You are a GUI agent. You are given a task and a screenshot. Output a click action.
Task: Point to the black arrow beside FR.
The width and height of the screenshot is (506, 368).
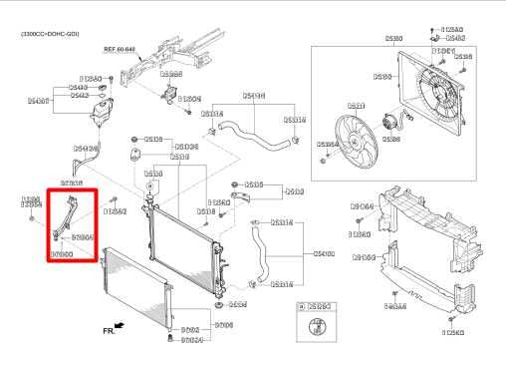coord(121,324)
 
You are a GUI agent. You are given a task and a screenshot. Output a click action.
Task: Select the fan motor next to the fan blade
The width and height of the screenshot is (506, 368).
coord(389,124)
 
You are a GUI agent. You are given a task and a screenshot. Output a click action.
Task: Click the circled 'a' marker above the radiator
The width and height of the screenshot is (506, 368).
coord(148,185)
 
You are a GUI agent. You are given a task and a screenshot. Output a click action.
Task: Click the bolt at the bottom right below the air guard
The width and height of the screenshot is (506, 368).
coord(450,319)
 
